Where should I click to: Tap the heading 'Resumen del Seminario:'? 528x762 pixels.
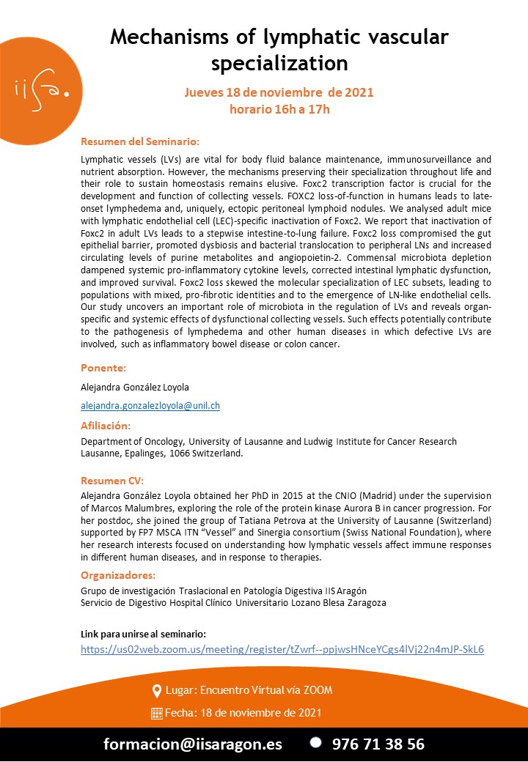click(140, 141)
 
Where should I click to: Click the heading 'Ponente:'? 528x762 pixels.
click(103, 367)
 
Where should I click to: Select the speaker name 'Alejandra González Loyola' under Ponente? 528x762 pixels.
click(136, 386)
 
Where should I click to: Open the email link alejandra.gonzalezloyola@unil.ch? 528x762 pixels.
click(150, 405)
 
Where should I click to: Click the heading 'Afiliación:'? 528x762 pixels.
click(106, 425)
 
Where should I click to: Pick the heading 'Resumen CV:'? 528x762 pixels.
click(112, 480)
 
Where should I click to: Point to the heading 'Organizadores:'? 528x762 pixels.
click(118, 574)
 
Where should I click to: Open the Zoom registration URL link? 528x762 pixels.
click(282, 649)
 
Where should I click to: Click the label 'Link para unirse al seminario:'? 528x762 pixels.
click(143, 633)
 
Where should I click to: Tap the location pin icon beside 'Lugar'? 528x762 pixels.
click(156, 691)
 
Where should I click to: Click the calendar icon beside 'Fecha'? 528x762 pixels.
click(156, 713)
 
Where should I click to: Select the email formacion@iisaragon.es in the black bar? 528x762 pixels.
click(193, 744)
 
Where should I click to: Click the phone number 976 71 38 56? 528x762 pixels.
click(378, 744)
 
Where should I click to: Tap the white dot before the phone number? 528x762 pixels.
click(315, 742)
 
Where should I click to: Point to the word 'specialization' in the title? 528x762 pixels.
click(279, 64)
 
